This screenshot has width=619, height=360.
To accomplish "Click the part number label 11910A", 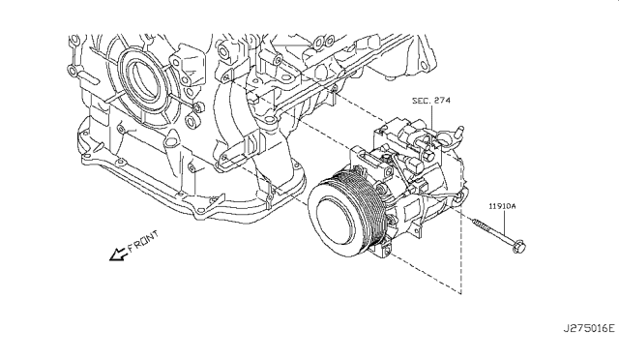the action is (x=502, y=206).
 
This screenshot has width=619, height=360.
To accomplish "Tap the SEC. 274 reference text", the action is (x=431, y=101).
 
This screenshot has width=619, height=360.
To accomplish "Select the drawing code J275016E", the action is (x=589, y=328).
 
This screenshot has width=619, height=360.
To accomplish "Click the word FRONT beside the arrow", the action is (x=142, y=241).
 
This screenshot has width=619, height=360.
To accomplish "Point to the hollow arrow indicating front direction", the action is (x=118, y=255).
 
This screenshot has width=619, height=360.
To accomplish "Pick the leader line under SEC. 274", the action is (x=431, y=117).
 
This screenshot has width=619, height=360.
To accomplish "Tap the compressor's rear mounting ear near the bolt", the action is (x=457, y=197).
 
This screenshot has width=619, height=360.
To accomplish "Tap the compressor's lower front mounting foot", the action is (x=386, y=249).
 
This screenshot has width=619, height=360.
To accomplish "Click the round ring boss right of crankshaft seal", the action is (x=192, y=122).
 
